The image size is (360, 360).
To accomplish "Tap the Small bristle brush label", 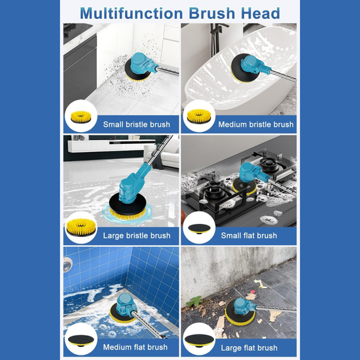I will tap(136, 124).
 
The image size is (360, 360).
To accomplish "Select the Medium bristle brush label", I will tap(256, 124).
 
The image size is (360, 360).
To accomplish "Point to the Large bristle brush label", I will tap(136, 236).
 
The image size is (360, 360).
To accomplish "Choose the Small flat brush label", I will tap(249, 236).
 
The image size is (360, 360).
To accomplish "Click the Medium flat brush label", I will tap(135, 347).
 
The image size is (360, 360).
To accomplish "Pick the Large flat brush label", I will tap(249, 347).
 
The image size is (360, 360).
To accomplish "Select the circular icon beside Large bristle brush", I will tap(81, 228).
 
